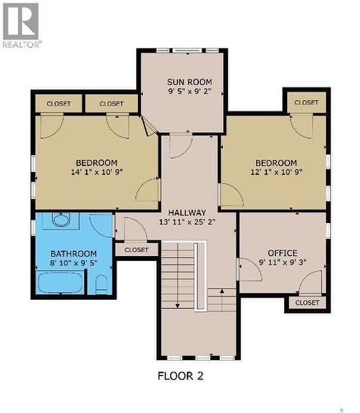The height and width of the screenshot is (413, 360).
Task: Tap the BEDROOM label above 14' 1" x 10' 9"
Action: (x=97, y=163)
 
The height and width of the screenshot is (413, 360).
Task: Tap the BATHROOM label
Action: (x=73, y=254)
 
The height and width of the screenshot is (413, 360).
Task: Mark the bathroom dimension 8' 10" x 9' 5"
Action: (x=73, y=264)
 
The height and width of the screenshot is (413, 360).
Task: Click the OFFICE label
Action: (x=282, y=253)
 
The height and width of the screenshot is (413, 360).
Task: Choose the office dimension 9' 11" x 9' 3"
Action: (x=282, y=263)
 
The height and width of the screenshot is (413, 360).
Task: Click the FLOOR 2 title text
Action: (x=180, y=376)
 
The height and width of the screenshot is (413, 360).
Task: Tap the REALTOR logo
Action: (x=21, y=24)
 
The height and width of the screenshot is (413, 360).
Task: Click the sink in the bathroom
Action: (x=60, y=221)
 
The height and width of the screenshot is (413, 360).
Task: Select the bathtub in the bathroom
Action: (x=59, y=283)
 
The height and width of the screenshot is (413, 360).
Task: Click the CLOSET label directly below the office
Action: (x=306, y=303)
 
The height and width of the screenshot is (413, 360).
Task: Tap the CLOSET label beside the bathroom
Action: (x=136, y=249)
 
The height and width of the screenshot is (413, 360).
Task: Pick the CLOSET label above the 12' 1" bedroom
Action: (x=306, y=102)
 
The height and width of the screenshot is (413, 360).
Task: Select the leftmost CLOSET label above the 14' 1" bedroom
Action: (x=58, y=104)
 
